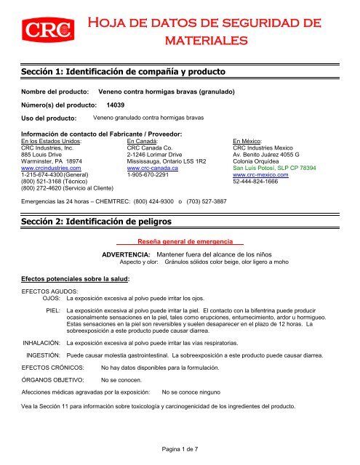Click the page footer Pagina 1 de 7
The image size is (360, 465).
point(179,450)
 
